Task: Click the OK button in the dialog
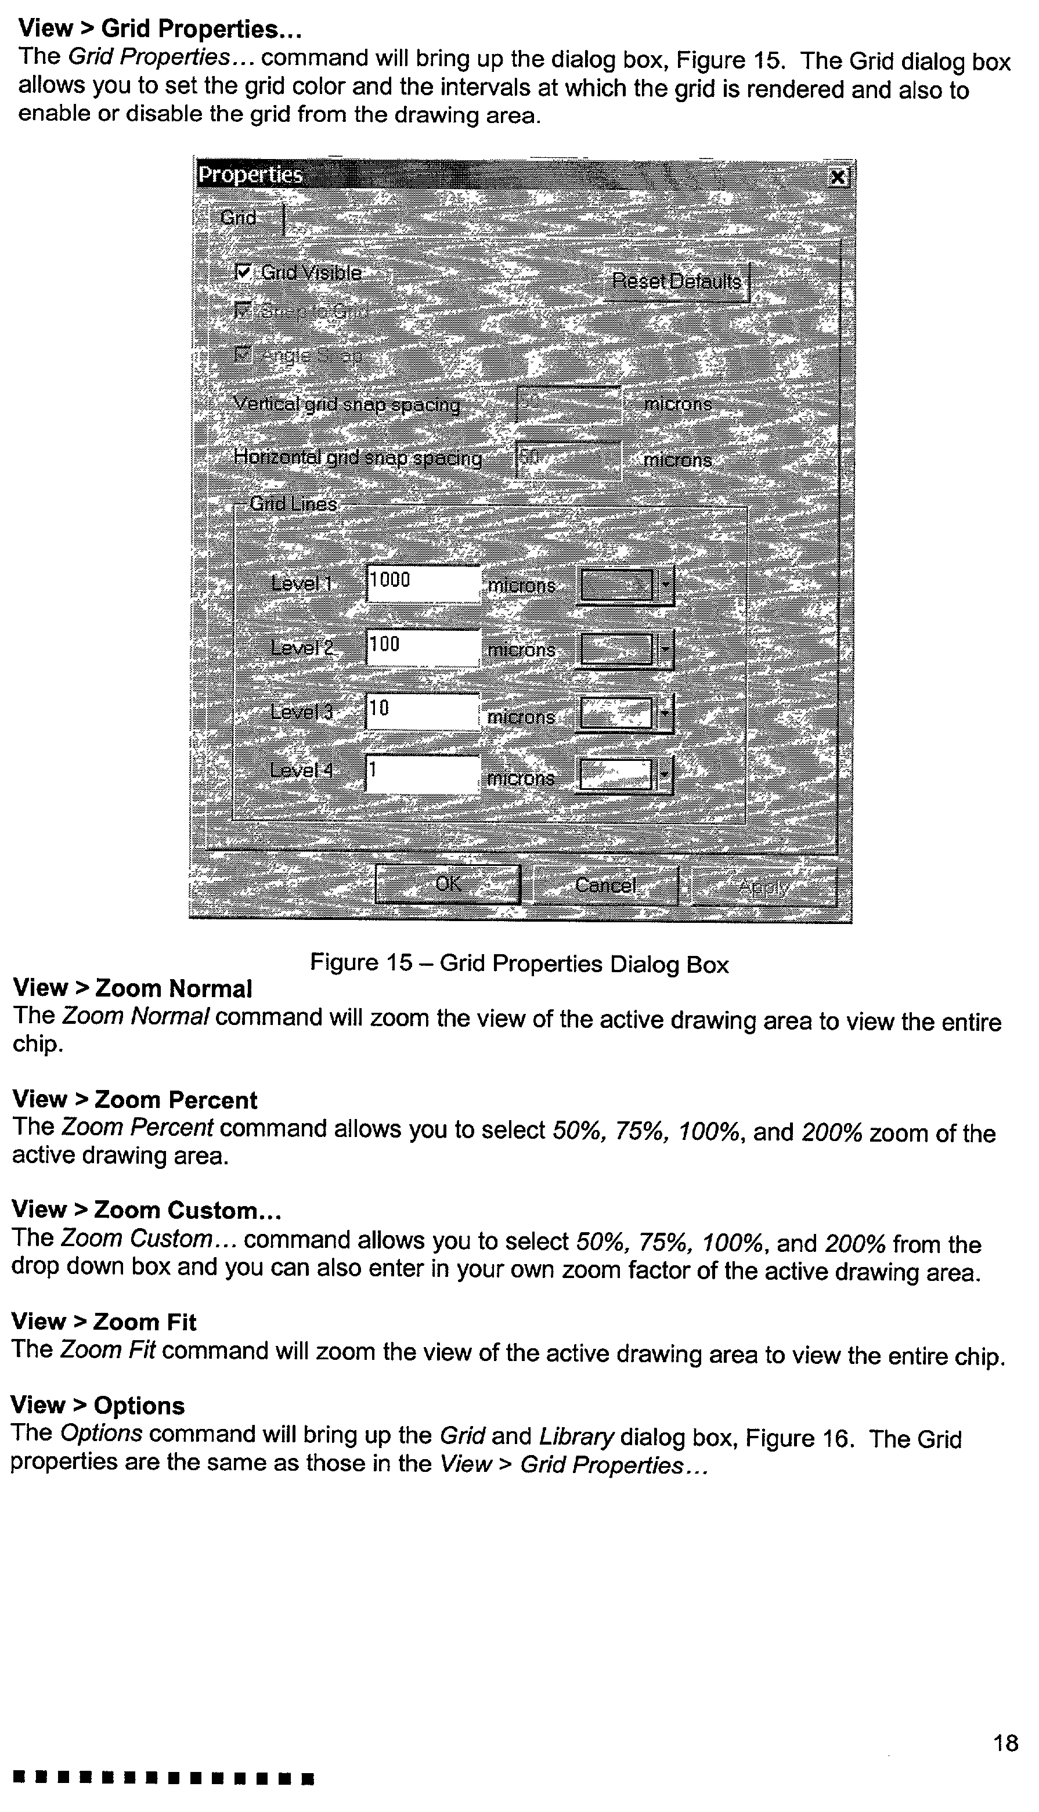tap(448, 885)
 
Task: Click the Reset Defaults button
tap(676, 282)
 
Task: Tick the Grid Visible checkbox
tap(244, 272)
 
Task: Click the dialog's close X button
tap(839, 177)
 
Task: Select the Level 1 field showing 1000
tap(423, 583)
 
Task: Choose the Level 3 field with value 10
tap(423, 711)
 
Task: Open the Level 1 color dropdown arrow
tap(666, 586)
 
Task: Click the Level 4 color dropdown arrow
tap(666, 775)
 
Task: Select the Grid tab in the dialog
tap(239, 218)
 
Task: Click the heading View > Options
tap(98, 1405)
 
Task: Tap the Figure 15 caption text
tap(519, 964)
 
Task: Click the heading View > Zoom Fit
tap(103, 1322)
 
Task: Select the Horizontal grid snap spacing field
tap(567, 460)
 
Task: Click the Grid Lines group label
tap(293, 504)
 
